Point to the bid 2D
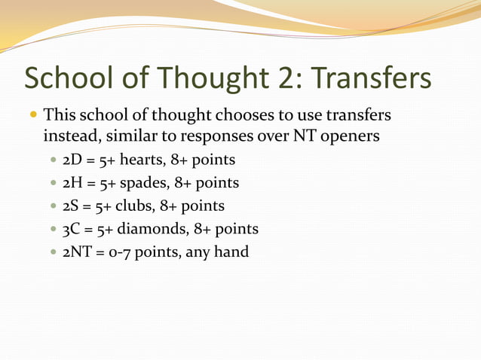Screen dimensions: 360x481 point(73,160)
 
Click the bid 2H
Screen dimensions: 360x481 point(73,183)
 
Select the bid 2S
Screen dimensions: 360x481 point(72,206)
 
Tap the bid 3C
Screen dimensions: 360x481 point(72,228)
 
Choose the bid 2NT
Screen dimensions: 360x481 point(78,251)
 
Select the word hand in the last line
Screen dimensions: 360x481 point(228,251)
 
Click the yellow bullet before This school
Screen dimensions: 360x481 point(33,117)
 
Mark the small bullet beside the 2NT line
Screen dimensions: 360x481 point(52,252)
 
